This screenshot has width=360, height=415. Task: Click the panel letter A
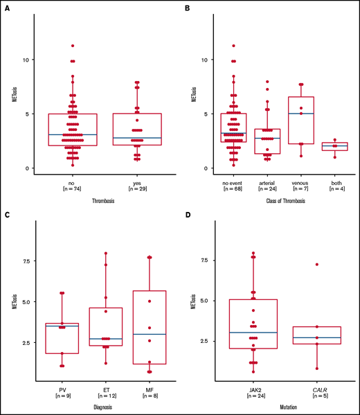click(6, 8)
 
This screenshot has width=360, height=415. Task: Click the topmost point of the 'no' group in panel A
click(73, 46)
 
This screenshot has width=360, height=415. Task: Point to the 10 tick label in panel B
click(201, 60)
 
